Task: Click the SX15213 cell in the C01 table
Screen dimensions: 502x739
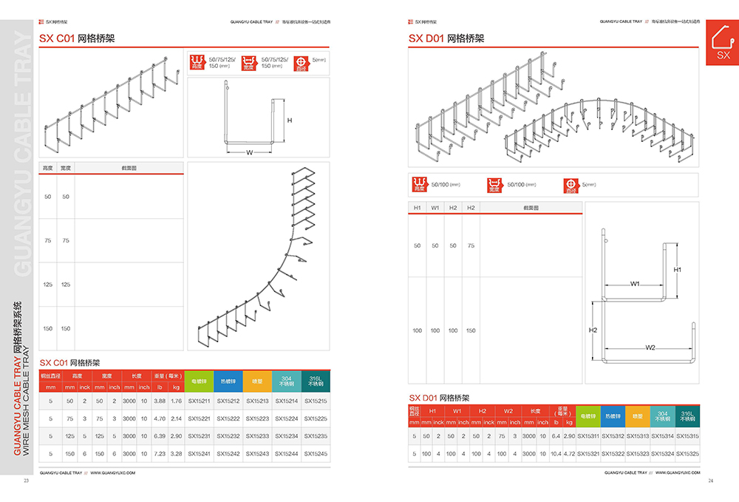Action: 257,401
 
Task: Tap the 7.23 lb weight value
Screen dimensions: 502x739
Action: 160,454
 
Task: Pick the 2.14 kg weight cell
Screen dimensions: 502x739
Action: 176,418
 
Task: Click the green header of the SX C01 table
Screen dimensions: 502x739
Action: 200,381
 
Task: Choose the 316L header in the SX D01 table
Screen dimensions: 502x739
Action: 687,415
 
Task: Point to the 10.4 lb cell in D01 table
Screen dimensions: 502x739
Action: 556,454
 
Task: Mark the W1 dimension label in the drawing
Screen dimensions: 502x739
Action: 635,284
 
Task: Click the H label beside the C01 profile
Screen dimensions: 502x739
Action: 290,120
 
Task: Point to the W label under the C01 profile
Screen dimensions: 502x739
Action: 250,153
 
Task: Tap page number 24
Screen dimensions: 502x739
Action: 711,482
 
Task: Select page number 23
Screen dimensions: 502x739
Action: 26,482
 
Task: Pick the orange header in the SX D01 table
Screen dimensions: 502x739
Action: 638,415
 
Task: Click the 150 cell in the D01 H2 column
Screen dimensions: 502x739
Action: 471,330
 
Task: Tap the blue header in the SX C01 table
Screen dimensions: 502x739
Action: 228,381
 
